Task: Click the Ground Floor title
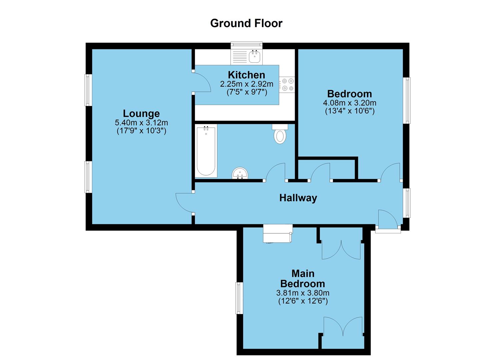[246, 23]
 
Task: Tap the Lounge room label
[141, 113]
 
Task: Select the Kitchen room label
[246, 75]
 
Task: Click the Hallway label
[298, 198]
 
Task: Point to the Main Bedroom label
[303, 279]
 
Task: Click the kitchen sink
[255, 57]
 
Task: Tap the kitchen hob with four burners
[287, 84]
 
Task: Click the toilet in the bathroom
[280, 134]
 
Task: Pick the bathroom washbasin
[240, 173]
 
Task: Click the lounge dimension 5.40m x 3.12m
[141, 123]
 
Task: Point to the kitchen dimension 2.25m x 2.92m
[246, 84]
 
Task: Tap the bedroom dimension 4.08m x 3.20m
[349, 103]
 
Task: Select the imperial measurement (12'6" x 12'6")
[303, 301]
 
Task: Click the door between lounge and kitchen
[202, 82]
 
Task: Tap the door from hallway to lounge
[184, 202]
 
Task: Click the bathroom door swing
[276, 172]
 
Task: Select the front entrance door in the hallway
[387, 219]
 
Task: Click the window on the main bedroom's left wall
[239, 298]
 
